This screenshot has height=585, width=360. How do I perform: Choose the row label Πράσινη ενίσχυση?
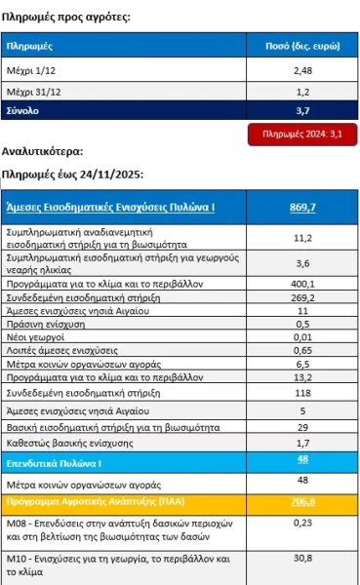(x=42, y=324)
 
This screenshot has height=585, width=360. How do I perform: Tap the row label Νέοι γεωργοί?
(x=31, y=336)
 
